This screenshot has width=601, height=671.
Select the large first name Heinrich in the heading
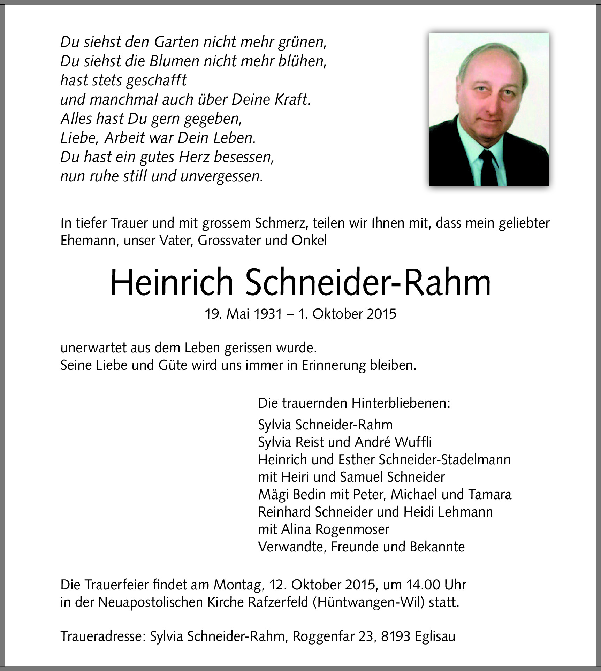coord(172,283)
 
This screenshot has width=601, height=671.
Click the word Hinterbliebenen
coord(401,403)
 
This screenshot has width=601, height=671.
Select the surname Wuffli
coord(413,442)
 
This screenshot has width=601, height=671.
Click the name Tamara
coord(490,495)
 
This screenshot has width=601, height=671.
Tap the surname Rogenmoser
coord(352,529)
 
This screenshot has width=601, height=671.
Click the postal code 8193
coord(396,636)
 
